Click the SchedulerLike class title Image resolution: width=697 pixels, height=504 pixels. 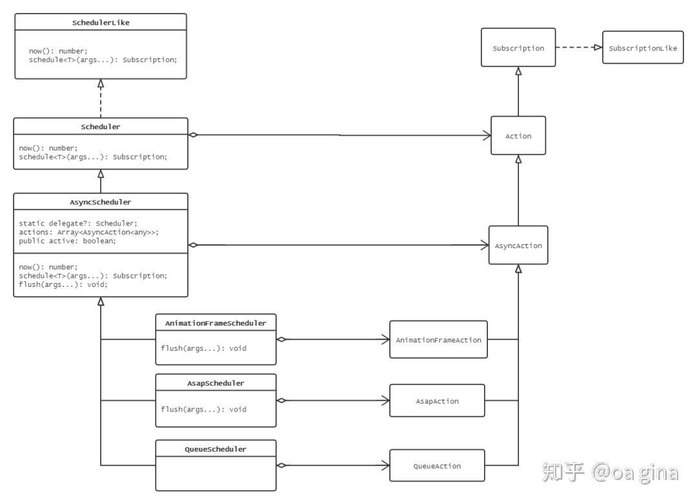coord(101,23)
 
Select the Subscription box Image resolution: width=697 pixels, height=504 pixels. coord(518,48)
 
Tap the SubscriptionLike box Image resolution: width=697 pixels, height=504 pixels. coord(643,48)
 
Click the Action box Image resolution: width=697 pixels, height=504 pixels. coord(518,136)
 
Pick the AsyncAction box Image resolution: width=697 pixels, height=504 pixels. coord(518,246)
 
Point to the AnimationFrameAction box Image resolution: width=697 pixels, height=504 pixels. coord(438,339)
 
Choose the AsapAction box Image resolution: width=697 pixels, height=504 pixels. coord(437,401)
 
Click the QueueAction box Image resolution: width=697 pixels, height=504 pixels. coord(437,465)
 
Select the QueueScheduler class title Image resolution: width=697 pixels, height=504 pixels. coord(216,448)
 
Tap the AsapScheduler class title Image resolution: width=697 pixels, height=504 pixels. coord(216,383)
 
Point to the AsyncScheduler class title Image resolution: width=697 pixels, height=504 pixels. coord(101,202)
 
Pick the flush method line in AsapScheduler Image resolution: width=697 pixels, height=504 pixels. coord(203,409)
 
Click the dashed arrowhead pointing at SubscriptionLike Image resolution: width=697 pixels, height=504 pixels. coord(598,48)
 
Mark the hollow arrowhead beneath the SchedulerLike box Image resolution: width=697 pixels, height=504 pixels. coord(101,83)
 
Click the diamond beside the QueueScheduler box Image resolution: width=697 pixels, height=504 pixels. coord(281,465)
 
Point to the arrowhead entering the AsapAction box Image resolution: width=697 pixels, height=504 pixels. coord(385,401)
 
